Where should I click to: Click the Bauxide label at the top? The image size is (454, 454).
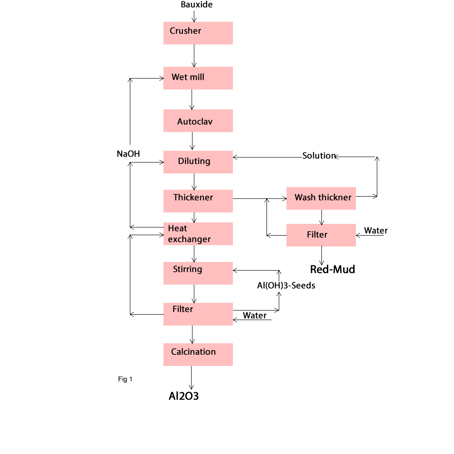(x=197, y=5)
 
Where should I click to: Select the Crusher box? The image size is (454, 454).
(x=198, y=33)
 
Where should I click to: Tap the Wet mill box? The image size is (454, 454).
(x=198, y=78)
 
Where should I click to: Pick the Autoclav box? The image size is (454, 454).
(x=198, y=121)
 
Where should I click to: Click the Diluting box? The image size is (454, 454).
(x=198, y=162)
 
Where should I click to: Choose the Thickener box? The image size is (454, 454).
(x=198, y=201)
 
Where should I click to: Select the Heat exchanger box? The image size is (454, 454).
(x=198, y=234)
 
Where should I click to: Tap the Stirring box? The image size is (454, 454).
(x=198, y=273)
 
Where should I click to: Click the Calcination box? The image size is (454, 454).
(x=198, y=355)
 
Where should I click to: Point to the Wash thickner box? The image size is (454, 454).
(x=321, y=198)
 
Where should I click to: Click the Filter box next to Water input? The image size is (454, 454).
(x=321, y=235)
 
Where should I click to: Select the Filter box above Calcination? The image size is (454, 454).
(x=198, y=314)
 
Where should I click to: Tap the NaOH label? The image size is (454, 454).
(x=128, y=154)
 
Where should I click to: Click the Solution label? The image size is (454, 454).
(x=319, y=156)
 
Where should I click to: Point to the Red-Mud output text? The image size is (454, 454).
(x=332, y=270)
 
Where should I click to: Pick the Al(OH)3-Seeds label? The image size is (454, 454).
(x=286, y=286)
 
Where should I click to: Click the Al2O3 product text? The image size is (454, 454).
(x=184, y=396)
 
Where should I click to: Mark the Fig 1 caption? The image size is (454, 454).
(x=125, y=379)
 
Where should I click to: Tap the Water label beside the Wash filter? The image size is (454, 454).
(x=376, y=231)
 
